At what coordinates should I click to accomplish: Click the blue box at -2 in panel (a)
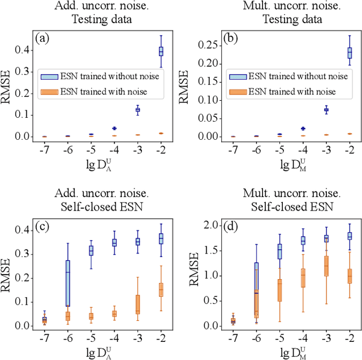click(x=161, y=52)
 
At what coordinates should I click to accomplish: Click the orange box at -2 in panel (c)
click(x=161, y=290)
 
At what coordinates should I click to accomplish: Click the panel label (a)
click(x=43, y=38)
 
